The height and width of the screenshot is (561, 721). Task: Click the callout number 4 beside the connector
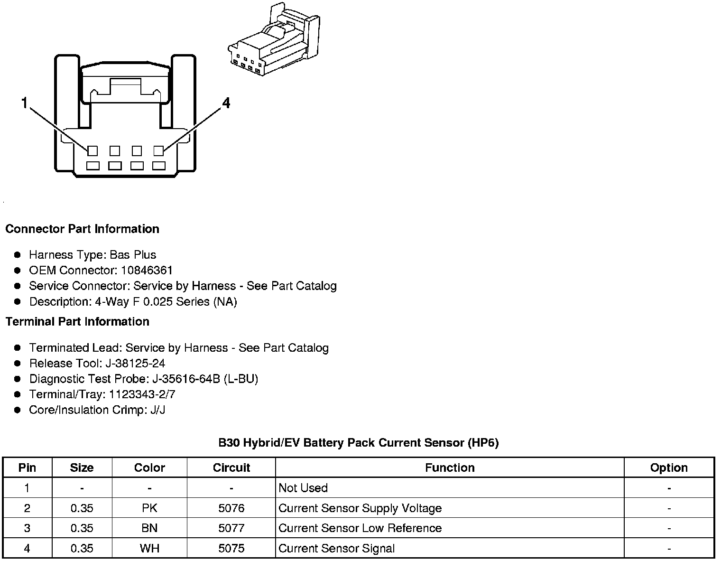pyautogui.click(x=226, y=103)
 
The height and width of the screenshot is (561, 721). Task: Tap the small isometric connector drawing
pyautogui.click(x=275, y=41)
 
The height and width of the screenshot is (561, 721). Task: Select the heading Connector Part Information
pyautogui.click(x=82, y=229)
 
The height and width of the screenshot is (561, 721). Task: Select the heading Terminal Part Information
pyautogui.click(x=77, y=321)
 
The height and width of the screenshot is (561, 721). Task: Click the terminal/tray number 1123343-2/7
pyautogui.click(x=142, y=394)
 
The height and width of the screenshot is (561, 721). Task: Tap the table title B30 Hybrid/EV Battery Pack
pyautogui.click(x=358, y=443)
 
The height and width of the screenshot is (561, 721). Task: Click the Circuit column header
pyautogui.click(x=231, y=467)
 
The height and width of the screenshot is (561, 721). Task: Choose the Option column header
pyautogui.click(x=669, y=467)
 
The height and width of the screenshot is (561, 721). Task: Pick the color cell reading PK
pyautogui.click(x=149, y=508)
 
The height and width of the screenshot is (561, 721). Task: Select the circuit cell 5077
pyautogui.click(x=231, y=528)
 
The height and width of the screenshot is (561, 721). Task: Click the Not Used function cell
pyautogui.click(x=303, y=488)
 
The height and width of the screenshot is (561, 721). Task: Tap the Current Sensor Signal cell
pyautogui.click(x=336, y=549)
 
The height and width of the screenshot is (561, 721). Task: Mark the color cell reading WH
pyautogui.click(x=149, y=549)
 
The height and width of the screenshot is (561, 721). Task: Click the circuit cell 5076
pyautogui.click(x=231, y=508)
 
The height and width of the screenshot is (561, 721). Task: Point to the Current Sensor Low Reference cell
pyautogui.click(x=360, y=528)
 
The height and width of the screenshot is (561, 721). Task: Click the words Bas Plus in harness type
pyautogui.click(x=133, y=255)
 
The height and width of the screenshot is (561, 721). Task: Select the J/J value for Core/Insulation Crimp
pyautogui.click(x=157, y=410)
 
